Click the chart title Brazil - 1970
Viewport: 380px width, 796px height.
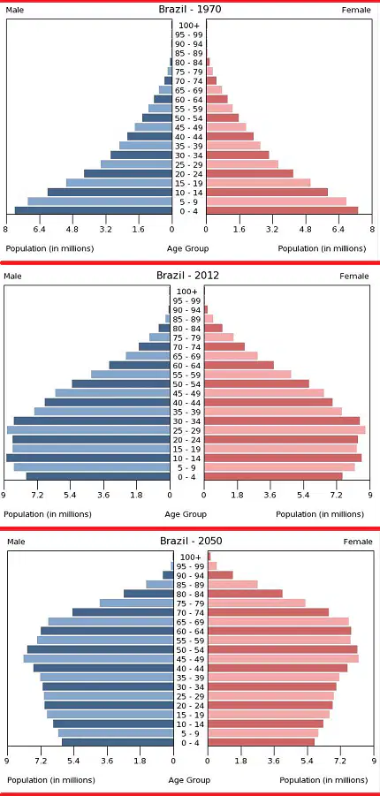tap(189, 9)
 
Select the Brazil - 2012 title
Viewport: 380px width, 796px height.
tap(187, 275)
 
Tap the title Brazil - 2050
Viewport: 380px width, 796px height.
tap(191, 541)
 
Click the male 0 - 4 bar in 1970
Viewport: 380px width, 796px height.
tap(93, 210)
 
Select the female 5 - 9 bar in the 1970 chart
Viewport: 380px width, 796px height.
tap(277, 201)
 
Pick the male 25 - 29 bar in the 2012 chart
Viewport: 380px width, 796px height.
tap(88, 430)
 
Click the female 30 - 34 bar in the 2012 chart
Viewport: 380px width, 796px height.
tap(282, 421)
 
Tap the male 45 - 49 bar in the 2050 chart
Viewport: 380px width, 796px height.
tap(99, 658)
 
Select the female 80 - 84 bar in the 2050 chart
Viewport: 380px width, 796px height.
tap(246, 594)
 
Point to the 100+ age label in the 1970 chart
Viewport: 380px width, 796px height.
tap(189, 26)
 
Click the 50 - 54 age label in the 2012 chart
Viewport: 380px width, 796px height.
tap(187, 384)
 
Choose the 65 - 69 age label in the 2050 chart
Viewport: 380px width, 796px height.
tap(191, 622)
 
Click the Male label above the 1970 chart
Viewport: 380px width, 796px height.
tap(15, 10)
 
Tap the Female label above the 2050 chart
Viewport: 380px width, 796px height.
tap(358, 542)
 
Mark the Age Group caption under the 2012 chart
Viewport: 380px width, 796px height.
tap(186, 514)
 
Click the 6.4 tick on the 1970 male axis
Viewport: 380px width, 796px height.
tap(40, 230)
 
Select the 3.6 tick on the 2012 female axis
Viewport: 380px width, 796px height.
tap(270, 495)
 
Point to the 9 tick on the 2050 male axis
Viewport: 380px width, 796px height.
tap(7, 761)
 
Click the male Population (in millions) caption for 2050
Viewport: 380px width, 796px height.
tap(50, 780)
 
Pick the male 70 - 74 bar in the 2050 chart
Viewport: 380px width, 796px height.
tap(123, 612)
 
